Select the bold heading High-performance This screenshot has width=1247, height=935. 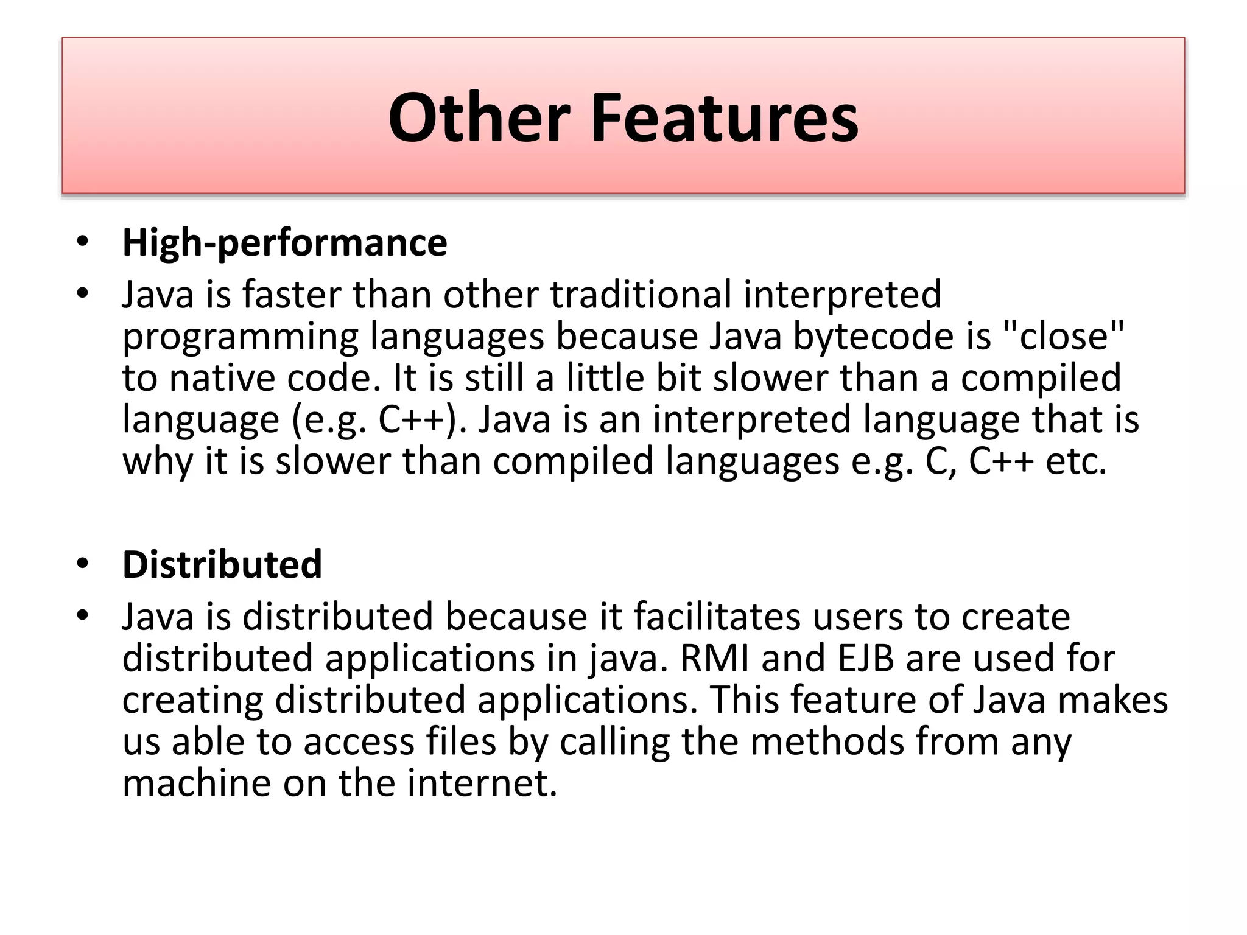pyautogui.click(x=284, y=242)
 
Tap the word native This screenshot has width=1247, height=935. pyautogui.click(x=222, y=377)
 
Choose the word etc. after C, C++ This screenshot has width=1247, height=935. pyautogui.click(x=1075, y=461)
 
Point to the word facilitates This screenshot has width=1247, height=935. pyautogui.click(x=717, y=616)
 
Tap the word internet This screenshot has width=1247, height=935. pyautogui.click(x=482, y=783)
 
